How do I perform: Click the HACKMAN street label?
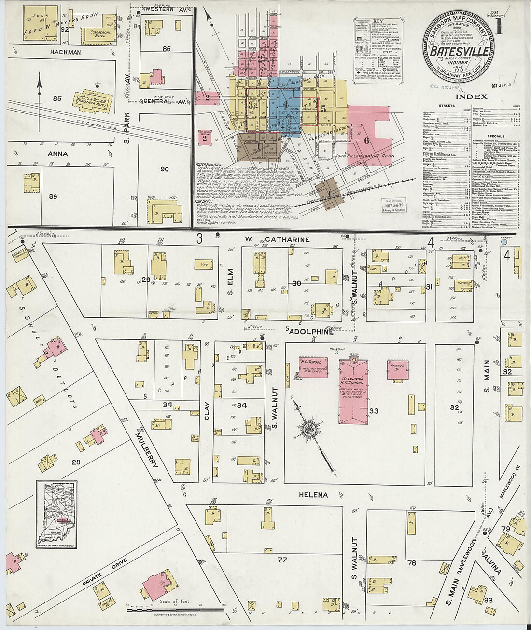(65, 52)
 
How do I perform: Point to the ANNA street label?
(57, 154)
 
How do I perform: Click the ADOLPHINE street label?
(311, 332)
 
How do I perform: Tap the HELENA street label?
(313, 495)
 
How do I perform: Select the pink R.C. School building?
(313, 367)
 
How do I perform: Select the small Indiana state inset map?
(56, 515)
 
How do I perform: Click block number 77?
(282, 560)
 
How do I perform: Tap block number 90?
(165, 169)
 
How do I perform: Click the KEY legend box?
(378, 51)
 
